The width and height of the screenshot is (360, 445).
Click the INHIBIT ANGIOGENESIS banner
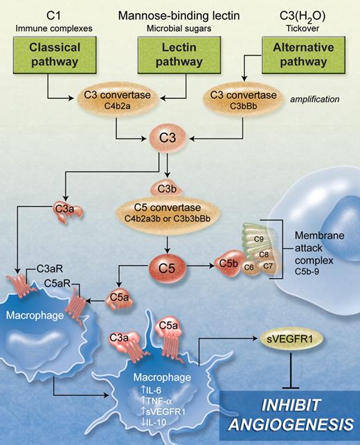pos(289,412)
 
